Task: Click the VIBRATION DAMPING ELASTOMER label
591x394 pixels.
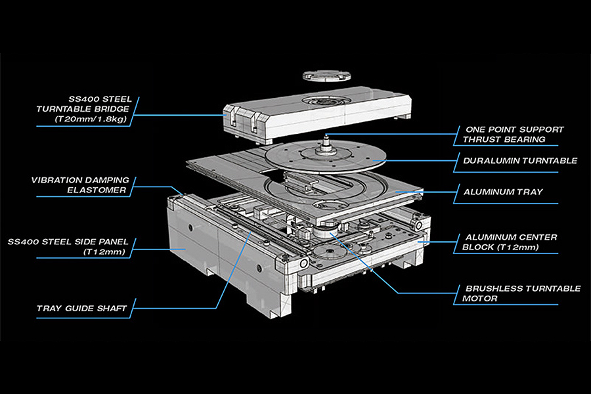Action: tap(79, 185)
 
